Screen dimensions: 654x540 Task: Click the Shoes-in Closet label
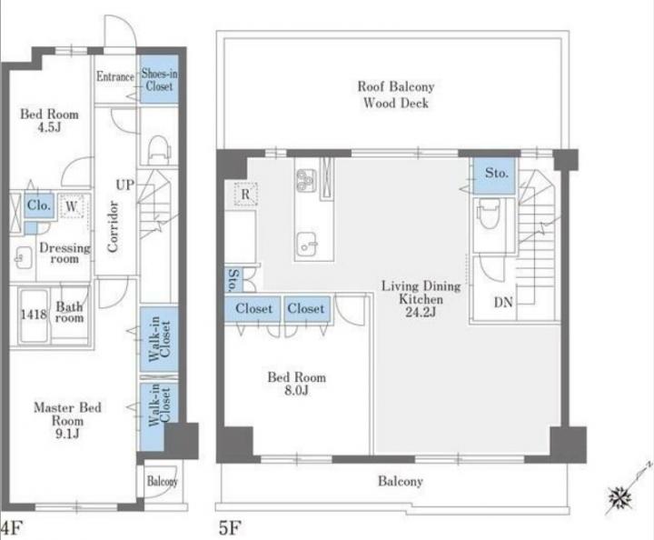(159, 80)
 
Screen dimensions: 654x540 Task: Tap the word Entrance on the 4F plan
(115, 76)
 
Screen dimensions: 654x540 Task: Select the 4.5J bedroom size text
(49, 127)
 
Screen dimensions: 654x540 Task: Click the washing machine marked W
(72, 205)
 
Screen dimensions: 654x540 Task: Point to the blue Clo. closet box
(39, 205)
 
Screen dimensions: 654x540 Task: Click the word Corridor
(113, 226)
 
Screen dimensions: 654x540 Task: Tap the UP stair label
(124, 185)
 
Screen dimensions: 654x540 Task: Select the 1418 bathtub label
(34, 314)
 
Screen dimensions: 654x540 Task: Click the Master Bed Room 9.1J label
(67, 420)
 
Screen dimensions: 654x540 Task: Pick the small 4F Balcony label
(163, 481)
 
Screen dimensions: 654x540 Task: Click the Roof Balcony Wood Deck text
(396, 95)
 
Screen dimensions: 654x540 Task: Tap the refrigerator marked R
(245, 194)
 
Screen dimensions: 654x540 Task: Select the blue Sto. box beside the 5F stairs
(494, 175)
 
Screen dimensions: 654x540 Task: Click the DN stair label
(503, 302)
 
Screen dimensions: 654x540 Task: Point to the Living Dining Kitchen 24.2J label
(421, 299)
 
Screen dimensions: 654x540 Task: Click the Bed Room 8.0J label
(296, 384)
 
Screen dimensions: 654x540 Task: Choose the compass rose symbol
(619, 498)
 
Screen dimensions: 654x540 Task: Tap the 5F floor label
(230, 528)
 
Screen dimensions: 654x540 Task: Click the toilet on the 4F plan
(159, 149)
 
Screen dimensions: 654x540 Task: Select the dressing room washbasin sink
(23, 257)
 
